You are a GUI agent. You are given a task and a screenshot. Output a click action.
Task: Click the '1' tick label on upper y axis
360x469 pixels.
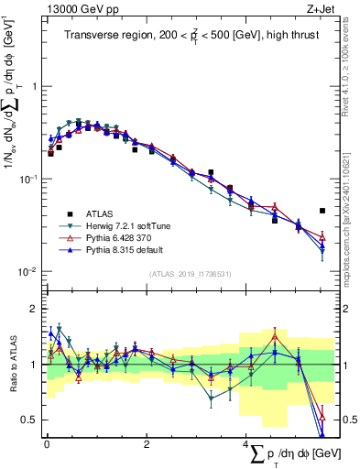tap(34, 86)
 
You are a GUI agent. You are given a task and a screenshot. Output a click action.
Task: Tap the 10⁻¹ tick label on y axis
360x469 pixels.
tap(29, 179)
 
